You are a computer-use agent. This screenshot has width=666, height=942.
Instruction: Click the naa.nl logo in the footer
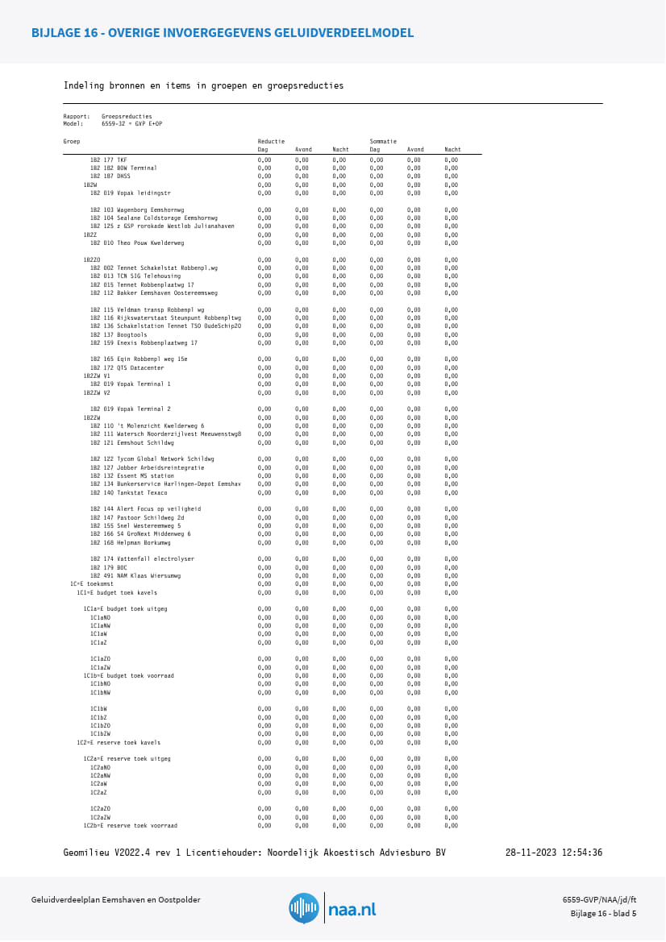(332, 908)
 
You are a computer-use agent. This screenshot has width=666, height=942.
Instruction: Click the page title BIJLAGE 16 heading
(223, 33)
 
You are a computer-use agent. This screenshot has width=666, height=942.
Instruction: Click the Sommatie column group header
(383, 141)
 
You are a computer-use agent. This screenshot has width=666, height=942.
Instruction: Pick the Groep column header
(72, 141)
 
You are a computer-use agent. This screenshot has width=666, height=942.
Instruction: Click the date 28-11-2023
(530, 853)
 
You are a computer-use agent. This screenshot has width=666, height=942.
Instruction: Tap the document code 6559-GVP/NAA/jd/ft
(600, 899)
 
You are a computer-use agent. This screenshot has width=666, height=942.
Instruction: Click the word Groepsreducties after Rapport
(127, 116)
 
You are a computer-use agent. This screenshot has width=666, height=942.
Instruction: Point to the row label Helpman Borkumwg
(132, 542)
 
